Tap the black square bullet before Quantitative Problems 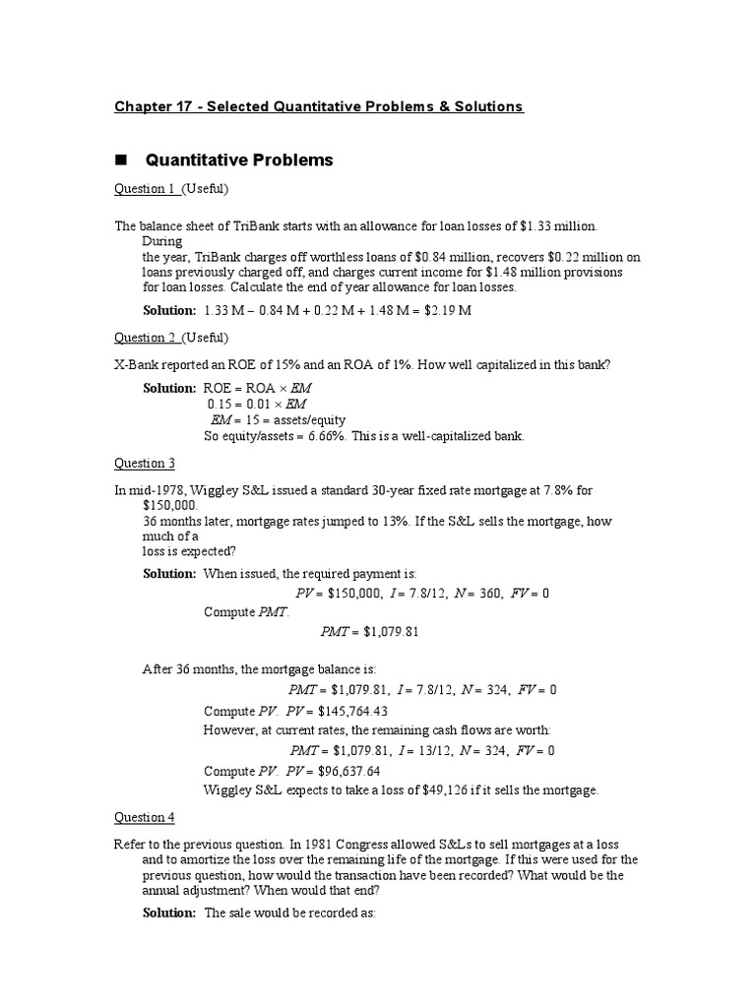pyautogui.click(x=122, y=159)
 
